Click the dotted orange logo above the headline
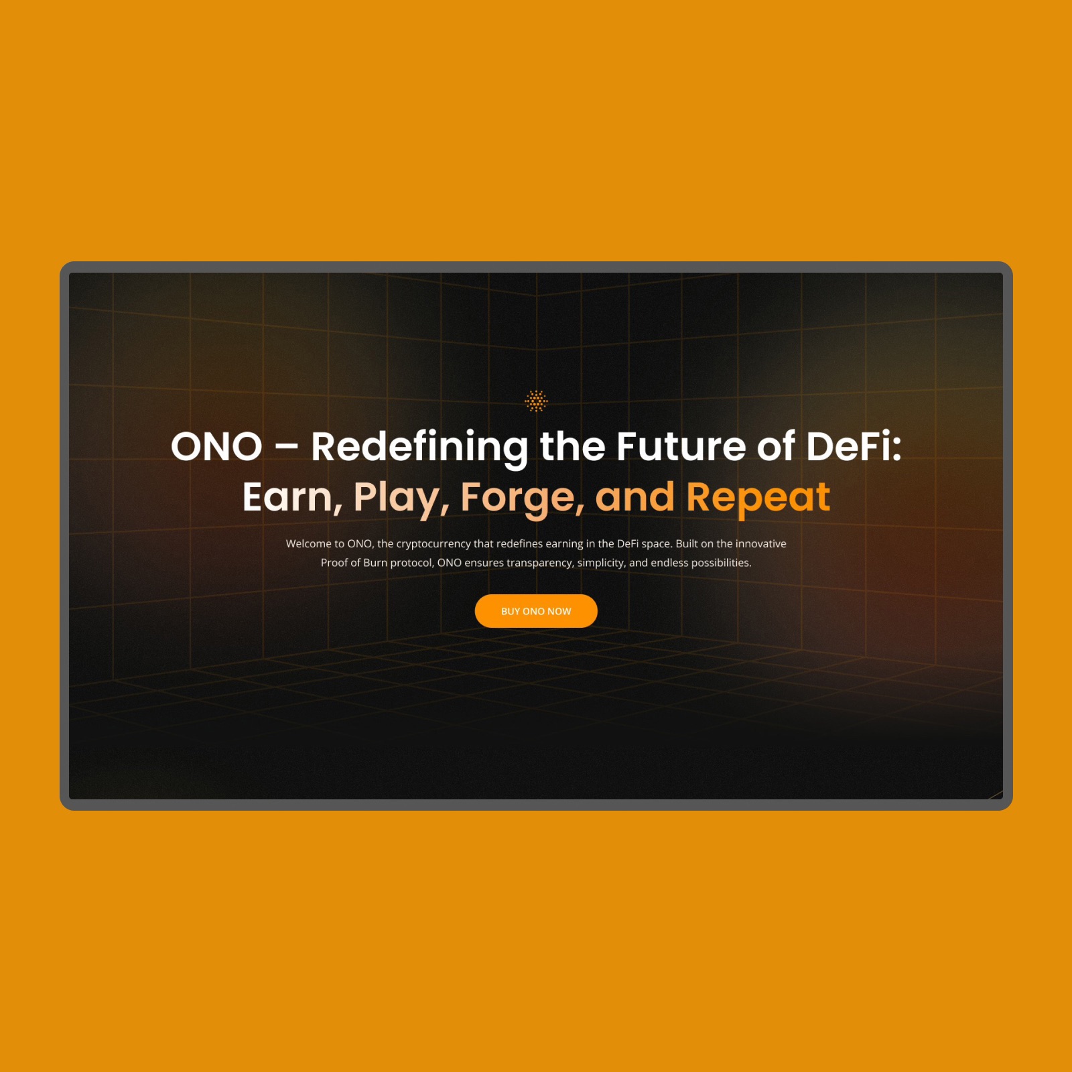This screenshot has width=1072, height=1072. click(x=536, y=401)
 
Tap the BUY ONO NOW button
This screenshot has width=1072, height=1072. click(x=536, y=611)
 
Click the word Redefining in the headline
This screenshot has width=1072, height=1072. click(x=419, y=448)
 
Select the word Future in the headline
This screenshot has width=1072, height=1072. click(x=681, y=447)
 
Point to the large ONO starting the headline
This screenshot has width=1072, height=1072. click(x=216, y=447)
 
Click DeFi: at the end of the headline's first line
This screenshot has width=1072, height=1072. click(x=854, y=446)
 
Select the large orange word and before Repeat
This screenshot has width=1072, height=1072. click(x=634, y=497)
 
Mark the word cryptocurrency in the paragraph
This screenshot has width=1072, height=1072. click(x=433, y=544)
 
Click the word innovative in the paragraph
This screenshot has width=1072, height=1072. click(x=761, y=543)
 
